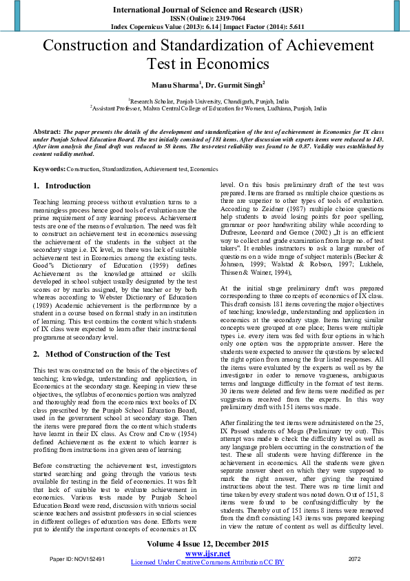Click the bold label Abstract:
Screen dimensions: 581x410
(47, 130)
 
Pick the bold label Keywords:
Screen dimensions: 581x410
(49, 168)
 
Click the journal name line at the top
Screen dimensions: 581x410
(205, 10)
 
